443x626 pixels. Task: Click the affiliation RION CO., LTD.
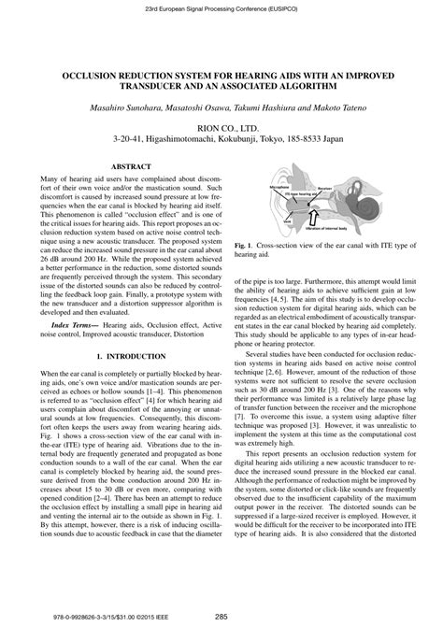click(x=222, y=124)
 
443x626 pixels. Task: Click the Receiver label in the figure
click(x=326, y=187)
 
